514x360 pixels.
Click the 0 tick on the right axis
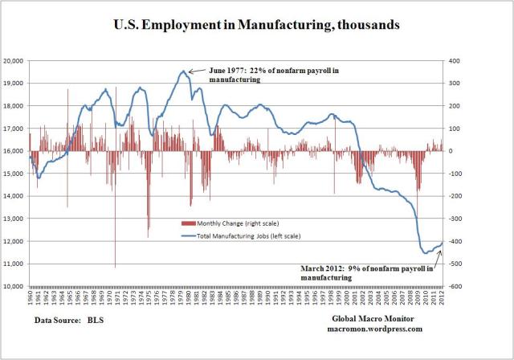click(455, 151)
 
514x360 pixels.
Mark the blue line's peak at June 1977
click(184, 71)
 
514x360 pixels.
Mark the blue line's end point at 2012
click(443, 242)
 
